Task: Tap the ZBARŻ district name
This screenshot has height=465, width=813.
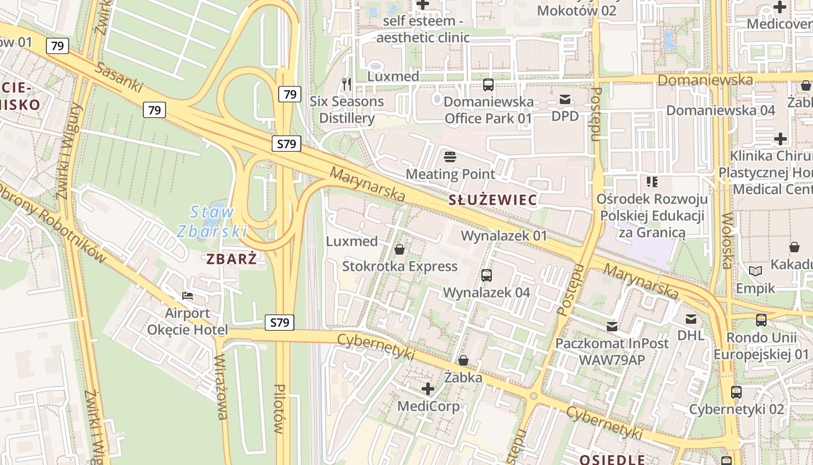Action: pos(232,259)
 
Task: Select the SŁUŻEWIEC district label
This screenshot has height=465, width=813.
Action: pos(492,201)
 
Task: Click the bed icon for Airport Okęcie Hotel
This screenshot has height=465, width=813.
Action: pos(188,295)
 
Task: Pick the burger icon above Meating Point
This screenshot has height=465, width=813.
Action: pos(450,156)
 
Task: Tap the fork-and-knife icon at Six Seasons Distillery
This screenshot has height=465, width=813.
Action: pos(347,84)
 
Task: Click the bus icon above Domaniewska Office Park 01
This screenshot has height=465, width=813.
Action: pos(488,85)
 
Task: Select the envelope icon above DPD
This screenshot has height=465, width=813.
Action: pos(565,99)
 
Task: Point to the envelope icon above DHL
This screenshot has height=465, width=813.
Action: pos(691,319)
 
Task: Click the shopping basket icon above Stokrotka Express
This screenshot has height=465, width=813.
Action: pos(400,249)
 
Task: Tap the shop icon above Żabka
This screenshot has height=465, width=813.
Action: pos(463,360)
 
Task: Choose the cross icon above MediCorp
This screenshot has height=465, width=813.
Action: pos(428,389)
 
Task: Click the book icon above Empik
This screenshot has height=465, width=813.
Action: pos(756,271)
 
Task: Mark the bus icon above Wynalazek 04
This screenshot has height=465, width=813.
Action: pos(487,275)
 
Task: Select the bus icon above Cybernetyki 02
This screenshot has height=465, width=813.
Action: pos(736,392)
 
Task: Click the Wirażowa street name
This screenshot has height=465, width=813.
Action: pos(221,387)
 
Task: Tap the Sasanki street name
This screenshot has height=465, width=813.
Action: pos(119,78)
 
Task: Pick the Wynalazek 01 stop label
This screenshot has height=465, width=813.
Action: pos(504,236)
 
